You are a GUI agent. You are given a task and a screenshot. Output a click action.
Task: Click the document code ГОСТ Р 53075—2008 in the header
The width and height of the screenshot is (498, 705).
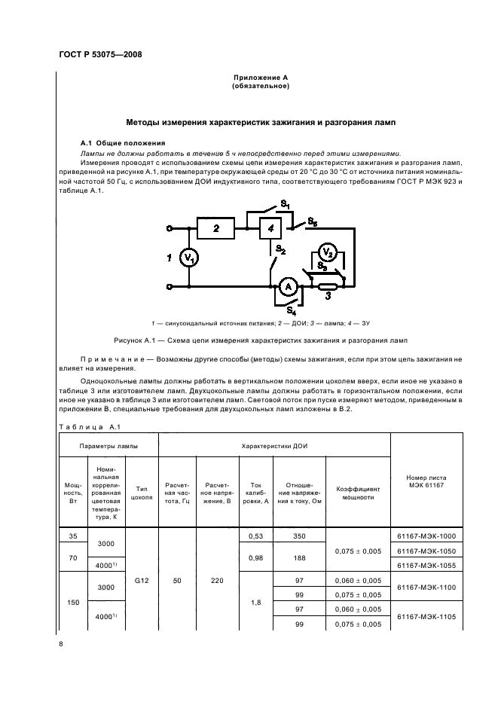(99, 54)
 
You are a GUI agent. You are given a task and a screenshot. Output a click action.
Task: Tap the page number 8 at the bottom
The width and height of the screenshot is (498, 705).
(63, 644)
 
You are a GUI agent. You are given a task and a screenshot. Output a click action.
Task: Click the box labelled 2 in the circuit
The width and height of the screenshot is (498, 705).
(216, 227)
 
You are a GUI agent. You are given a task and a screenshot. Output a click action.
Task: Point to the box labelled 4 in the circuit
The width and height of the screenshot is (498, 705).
(272, 228)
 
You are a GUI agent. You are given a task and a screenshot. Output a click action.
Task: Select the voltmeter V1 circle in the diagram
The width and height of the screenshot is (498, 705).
(189, 258)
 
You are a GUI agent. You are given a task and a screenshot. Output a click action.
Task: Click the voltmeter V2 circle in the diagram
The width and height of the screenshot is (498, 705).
(326, 252)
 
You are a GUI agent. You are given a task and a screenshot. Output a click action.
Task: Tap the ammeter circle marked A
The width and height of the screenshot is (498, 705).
(286, 287)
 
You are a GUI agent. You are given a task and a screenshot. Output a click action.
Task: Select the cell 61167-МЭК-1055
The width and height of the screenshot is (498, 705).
(426, 565)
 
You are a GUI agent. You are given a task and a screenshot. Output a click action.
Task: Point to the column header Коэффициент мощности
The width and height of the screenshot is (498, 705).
(358, 493)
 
